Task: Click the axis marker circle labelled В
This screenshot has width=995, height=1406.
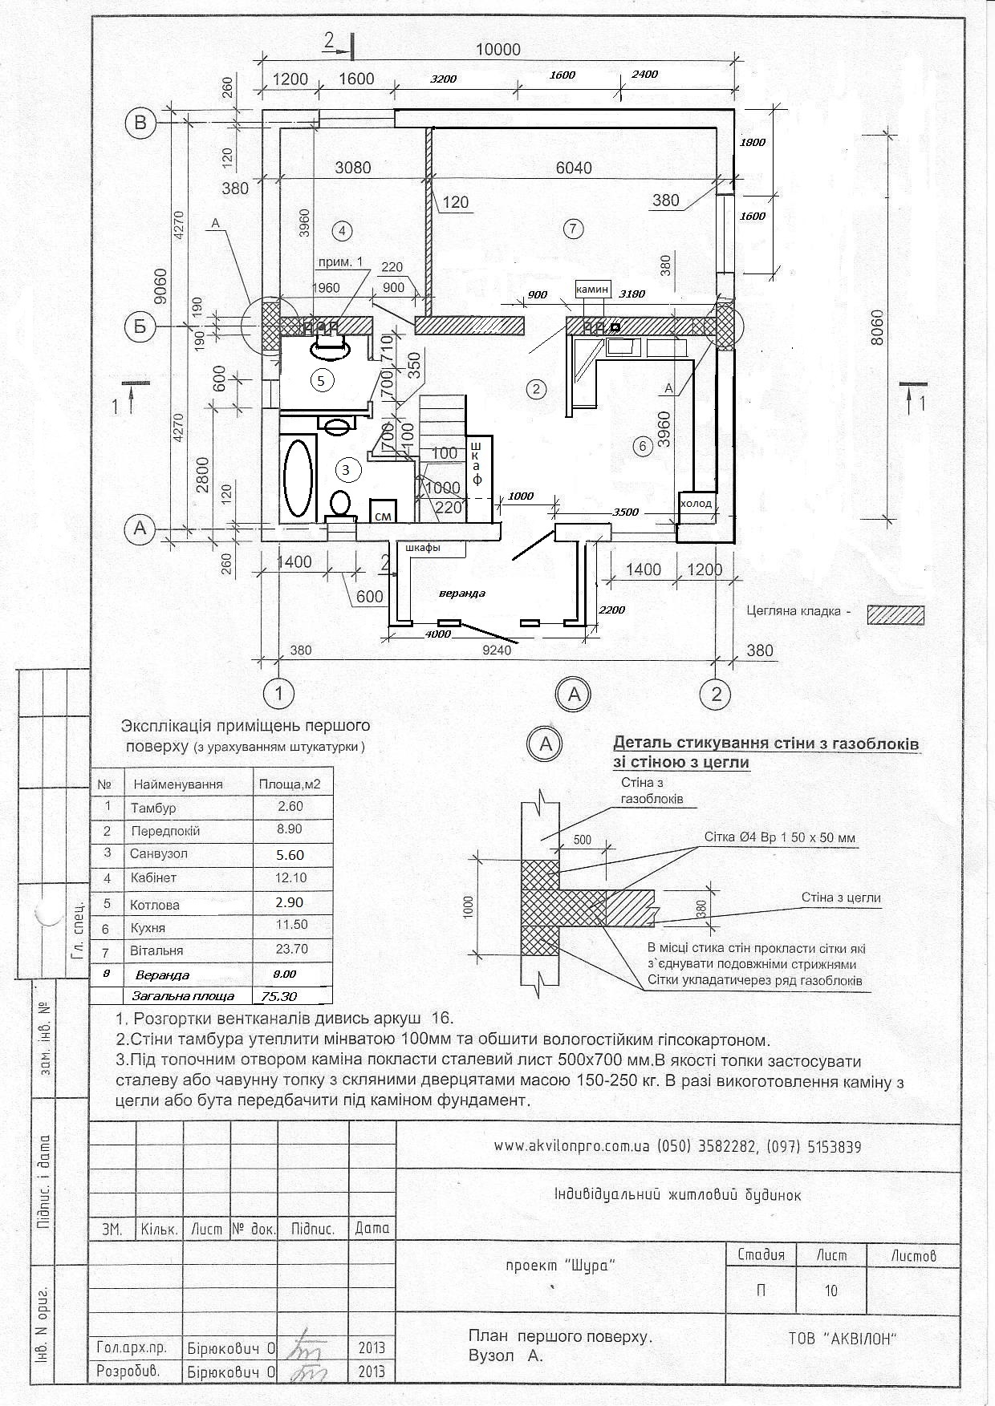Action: tap(140, 123)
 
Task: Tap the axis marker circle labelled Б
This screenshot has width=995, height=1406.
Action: tap(140, 327)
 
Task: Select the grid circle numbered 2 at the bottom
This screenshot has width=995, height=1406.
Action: tap(716, 693)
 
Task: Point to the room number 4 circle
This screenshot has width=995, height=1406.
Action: tap(341, 231)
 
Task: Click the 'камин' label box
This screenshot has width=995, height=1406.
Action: tap(593, 288)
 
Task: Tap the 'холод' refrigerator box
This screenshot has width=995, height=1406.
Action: tap(696, 503)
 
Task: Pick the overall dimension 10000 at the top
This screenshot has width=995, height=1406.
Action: tap(497, 50)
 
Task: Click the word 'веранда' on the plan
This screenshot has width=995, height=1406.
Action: tap(461, 594)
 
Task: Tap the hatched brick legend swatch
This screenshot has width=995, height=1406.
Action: tap(895, 614)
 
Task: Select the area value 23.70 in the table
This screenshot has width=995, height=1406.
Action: tap(291, 949)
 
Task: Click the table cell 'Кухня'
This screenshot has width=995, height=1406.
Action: tap(148, 927)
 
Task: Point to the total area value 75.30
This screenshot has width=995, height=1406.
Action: tap(274, 995)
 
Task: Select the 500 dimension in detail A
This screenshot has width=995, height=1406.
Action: tap(582, 840)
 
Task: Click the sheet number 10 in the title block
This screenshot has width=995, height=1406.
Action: tap(831, 1291)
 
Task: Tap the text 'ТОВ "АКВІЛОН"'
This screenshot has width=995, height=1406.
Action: tap(852, 1339)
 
